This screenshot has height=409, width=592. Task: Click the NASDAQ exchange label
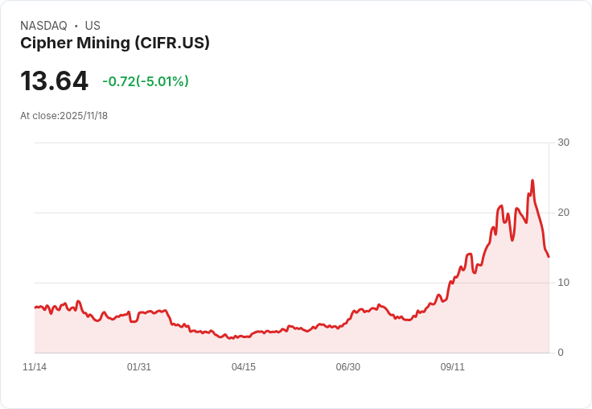(x=43, y=26)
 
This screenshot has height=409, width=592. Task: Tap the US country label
(x=92, y=26)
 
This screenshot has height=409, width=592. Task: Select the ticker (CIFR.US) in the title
(x=173, y=43)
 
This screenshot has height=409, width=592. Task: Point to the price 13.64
(x=54, y=81)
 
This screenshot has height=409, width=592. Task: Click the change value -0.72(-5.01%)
(x=146, y=81)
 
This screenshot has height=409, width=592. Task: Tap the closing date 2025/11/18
(x=84, y=116)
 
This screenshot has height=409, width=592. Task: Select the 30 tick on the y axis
(x=563, y=143)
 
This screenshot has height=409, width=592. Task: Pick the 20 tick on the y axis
(x=563, y=213)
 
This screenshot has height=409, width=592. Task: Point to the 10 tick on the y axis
(x=563, y=283)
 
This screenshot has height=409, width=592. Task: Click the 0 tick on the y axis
(x=561, y=353)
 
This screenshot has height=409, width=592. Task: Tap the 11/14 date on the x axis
(x=35, y=367)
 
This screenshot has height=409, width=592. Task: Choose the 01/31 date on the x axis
(x=139, y=367)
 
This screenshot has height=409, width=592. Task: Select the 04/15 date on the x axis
(x=244, y=367)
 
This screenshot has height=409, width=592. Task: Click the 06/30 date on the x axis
(x=347, y=367)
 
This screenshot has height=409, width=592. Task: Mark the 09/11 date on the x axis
(x=452, y=367)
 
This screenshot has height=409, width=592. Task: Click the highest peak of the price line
(x=532, y=180)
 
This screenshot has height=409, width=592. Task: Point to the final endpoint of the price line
(x=549, y=257)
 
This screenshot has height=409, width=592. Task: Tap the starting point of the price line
(x=35, y=308)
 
